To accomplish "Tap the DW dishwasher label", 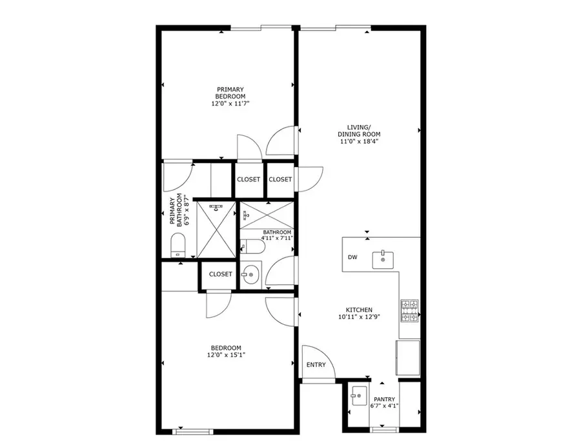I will [352, 258].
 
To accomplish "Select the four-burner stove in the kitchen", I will [410, 311].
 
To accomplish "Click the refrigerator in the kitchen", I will [408, 357].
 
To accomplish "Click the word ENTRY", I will [316, 365].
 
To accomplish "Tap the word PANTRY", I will [383, 400].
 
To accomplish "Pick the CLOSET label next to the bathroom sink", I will [220, 274].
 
